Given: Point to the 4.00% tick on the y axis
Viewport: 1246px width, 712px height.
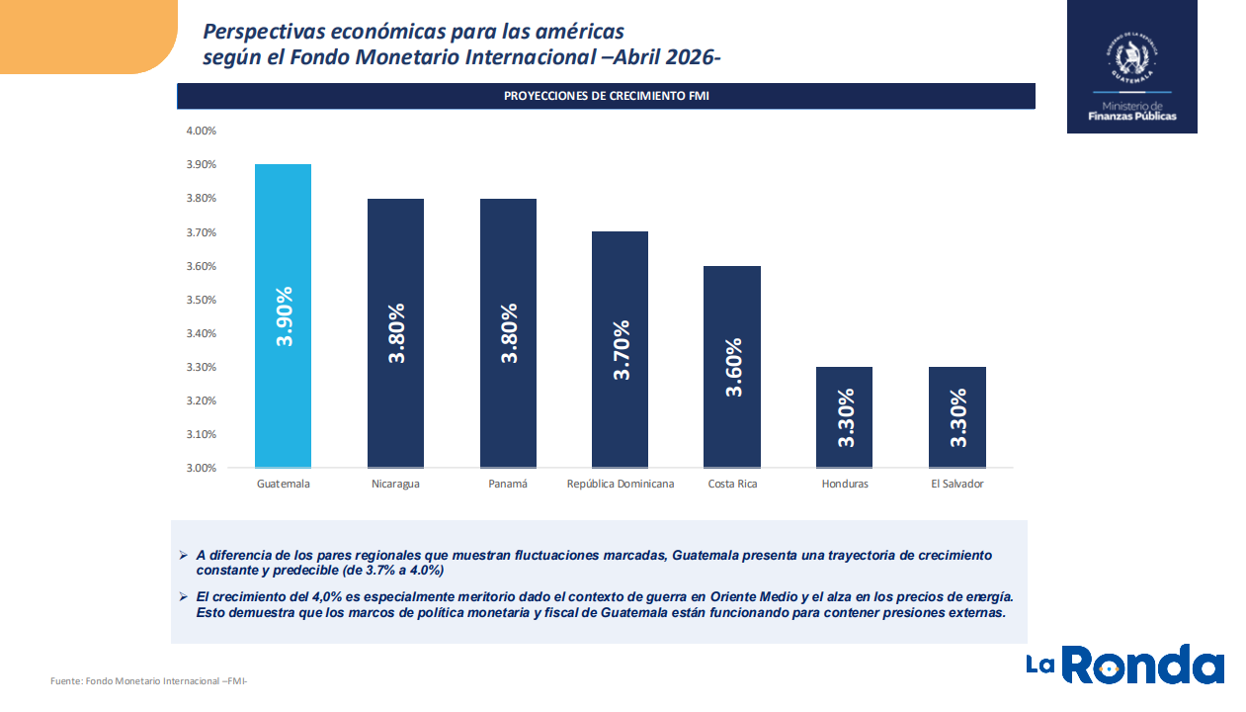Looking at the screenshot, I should (202, 131).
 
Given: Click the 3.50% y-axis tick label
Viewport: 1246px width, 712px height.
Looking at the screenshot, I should (202, 300).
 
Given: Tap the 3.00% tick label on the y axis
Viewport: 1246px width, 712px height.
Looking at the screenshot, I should (202, 468).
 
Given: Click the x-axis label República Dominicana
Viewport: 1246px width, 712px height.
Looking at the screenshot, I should (621, 485).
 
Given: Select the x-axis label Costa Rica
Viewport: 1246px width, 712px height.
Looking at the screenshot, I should (732, 485).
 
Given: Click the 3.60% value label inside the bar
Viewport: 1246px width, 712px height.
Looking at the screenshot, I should (733, 368).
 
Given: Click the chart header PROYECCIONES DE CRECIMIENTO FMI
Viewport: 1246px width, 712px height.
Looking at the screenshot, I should (606, 96).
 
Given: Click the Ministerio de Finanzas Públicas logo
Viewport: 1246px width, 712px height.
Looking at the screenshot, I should (1131, 67).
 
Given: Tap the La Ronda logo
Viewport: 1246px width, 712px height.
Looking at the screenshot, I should (1124, 665).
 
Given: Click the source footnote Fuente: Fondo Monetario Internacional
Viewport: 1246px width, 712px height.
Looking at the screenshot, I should (148, 681).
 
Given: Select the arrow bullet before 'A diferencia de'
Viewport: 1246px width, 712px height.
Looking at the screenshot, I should (183, 556).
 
